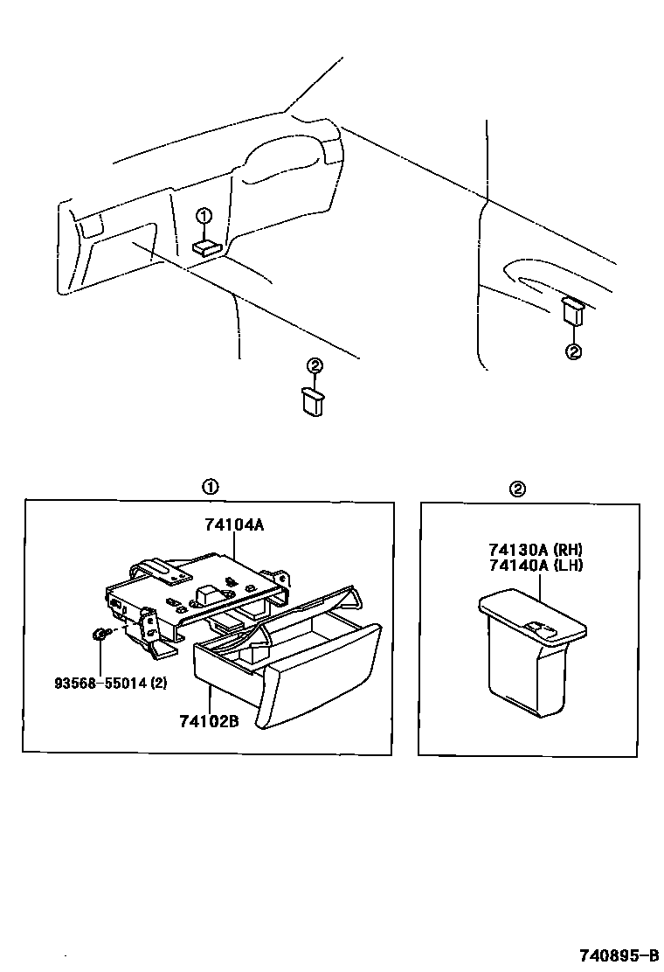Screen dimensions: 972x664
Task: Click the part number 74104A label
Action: pyautogui.click(x=234, y=525)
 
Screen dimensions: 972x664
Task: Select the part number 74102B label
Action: pyautogui.click(x=210, y=722)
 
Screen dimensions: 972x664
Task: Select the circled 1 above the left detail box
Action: pyautogui.click(x=210, y=488)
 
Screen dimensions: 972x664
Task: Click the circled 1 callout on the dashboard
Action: pyautogui.click(x=203, y=216)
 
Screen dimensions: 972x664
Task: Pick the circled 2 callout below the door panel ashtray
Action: pyautogui.click(x=573, y=352)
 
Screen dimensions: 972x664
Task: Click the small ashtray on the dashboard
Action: pyautogui.click(x=206, y=247)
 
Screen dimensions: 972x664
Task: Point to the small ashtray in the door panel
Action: pyautogui.click(x=571, y=310)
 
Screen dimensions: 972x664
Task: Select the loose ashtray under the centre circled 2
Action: pyautogui.click(x=313, y=402)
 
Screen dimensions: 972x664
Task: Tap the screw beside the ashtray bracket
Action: pyautogui.click(x=99, y=635)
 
